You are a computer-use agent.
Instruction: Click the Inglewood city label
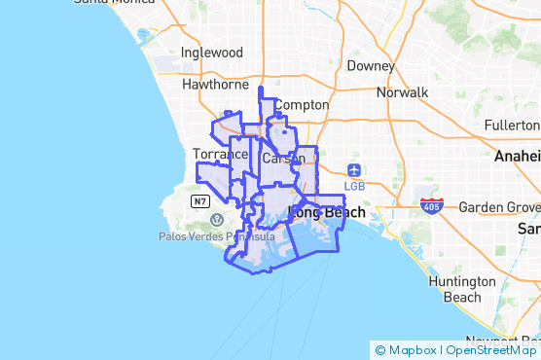tap(211, 52)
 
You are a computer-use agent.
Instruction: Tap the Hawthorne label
tap(216, 85)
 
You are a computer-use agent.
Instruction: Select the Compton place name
tap(302, 105)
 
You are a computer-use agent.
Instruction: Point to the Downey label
tap(370, 66)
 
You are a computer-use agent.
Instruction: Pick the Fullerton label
tap(511, 126)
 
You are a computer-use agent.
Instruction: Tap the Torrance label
tap(220, 154)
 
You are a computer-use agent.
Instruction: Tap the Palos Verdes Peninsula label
tap(218, 236)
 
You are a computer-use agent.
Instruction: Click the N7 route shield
tap(200, 201)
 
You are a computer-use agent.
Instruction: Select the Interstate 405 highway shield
tap(431, 205)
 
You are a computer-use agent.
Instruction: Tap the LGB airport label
tap(355, 186)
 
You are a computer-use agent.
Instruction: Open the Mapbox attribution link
tap(411, 350)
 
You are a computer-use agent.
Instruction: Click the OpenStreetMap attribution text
tap(489, 350)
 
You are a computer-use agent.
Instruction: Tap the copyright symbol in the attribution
tap(380, 350)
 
